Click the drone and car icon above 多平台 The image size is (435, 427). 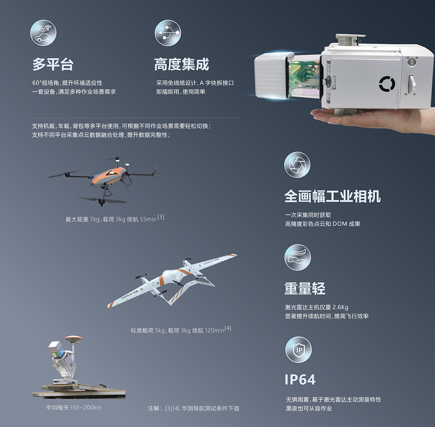[x=43, y=33]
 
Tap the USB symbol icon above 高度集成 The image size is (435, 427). [x=168, y=33]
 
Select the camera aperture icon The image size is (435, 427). [x=297, y=165]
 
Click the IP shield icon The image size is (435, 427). [x=299, y=349]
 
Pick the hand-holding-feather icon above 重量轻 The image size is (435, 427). [x=298, y=257]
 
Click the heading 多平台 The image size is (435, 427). [x=53, y=65]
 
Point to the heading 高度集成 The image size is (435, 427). [x=182, y=65]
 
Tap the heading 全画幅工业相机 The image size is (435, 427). [x=333, y=196]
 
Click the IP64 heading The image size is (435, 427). [x=300, y=380]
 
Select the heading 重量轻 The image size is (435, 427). [x=305, y=288]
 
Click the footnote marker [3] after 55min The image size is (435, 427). [x=161, y=217]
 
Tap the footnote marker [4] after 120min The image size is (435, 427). [x=228, y=328]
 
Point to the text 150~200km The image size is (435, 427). [x=86, y=408]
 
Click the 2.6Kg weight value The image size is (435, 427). [x=340, y=307]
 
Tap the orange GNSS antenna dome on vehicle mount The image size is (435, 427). [x=74, y=339]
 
